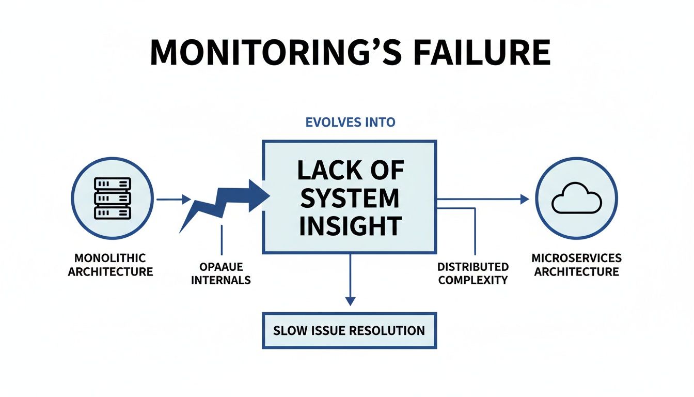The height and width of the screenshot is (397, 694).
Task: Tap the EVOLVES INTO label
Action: (351, 123)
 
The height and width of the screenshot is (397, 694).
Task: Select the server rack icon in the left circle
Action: (112, 198)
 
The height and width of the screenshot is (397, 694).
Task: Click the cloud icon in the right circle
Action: (576, 201)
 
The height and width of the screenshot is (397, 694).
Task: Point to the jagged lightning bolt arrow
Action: (222, 202)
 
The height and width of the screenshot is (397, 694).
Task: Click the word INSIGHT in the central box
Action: (350, 226)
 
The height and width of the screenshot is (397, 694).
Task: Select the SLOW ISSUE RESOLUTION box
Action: (350, 330)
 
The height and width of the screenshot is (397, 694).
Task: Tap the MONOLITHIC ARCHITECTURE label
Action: (111, 265)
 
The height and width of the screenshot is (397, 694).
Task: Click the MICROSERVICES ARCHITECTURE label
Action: (576, 265)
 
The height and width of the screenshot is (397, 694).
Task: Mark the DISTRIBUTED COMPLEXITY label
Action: (472, 274)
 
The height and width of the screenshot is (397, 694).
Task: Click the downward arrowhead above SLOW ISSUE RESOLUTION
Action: (350, 300)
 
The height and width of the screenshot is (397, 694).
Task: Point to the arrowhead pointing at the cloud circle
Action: (525, 199)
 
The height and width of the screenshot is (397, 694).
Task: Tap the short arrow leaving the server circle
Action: (173, 199)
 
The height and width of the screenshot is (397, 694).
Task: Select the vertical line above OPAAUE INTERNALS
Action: (221, 240)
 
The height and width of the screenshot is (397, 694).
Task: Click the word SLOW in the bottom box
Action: (289, 330)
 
